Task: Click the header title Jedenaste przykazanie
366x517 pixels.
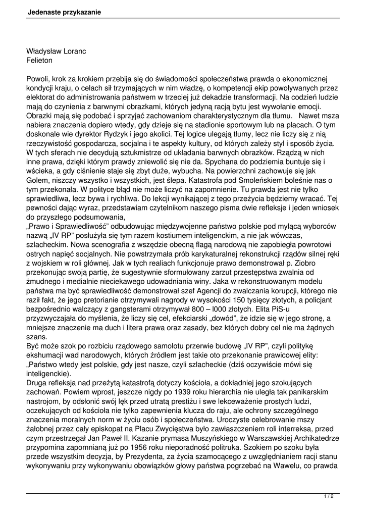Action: point(64,12)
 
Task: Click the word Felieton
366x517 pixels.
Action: point(39,61)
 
